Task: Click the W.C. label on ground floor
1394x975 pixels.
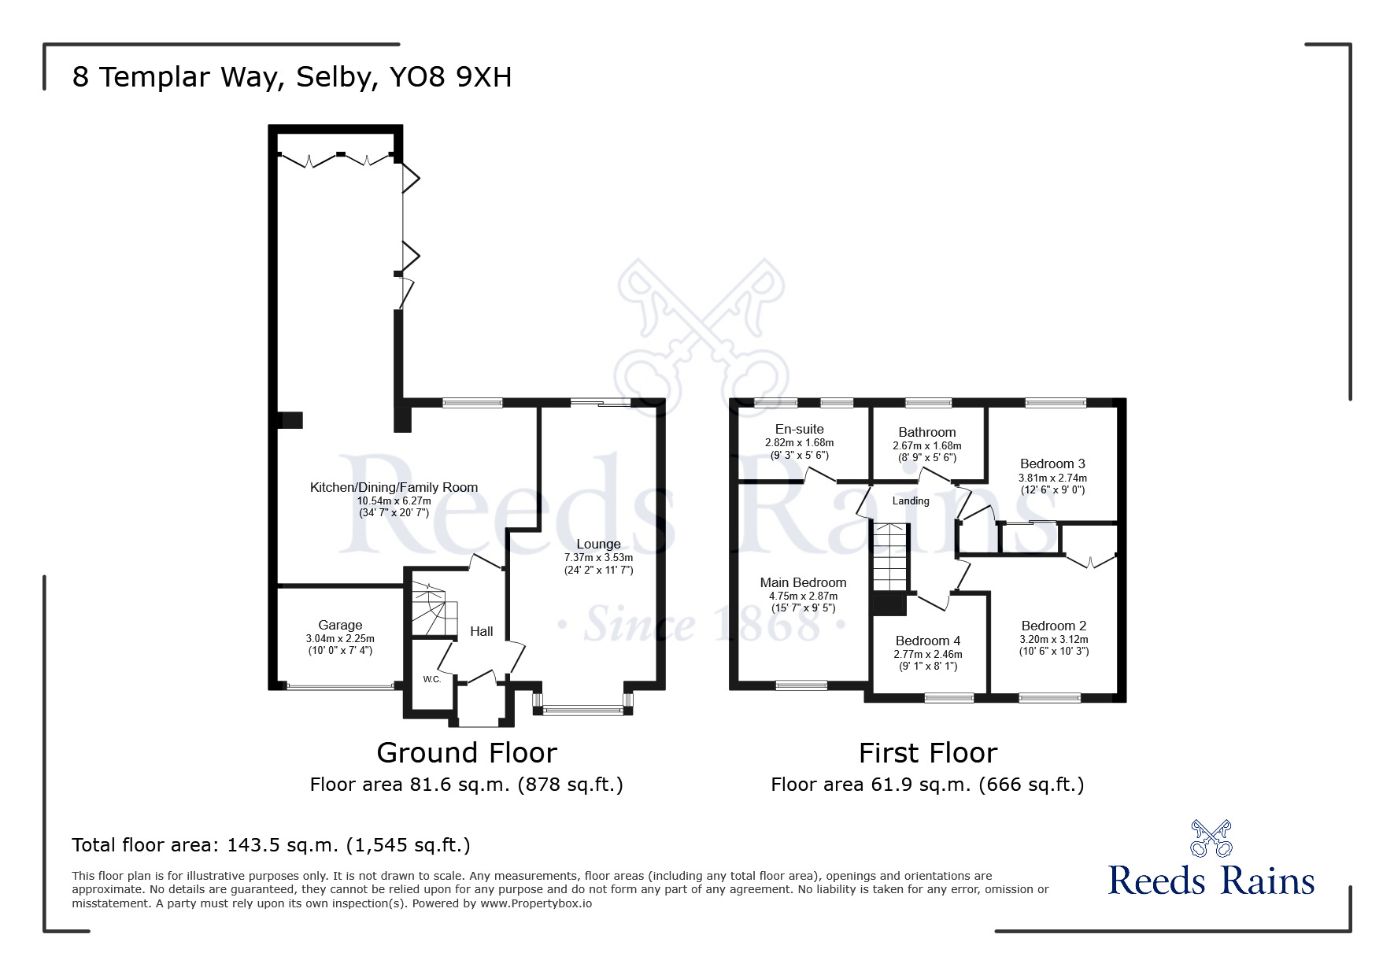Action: pyautogui.click(x=431, y=679)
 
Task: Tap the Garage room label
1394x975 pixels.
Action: pyautogui.click(x=340, y=625)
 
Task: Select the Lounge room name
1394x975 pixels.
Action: pyautogui.click(x=598, y=544)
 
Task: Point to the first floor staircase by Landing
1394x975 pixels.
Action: pyautogui.click(x=890, y=557)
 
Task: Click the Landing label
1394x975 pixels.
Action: pyautogui.click(x=911, y=500)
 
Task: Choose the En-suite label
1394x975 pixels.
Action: pyautogui.click(x=799, y=429)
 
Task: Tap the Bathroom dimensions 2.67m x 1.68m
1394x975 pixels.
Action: pyautogui.click(x=926, y=445)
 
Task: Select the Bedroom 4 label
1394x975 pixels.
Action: pyautogui.click(x=927, y=641)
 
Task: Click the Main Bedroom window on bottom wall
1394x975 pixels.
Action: pyautogui.click(x=801, y=685)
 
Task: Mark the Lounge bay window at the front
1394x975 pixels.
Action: pyautogui.click(x=582, y=711)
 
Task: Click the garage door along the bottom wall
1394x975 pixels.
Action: pyautogui.click(x=340, y=686)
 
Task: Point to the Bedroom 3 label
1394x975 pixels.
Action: pyautogui.click(x=1052, y=463)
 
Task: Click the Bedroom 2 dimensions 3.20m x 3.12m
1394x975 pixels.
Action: pyautogui.click(x=1053, y=639)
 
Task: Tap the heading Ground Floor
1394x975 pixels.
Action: pyautogui.click(x=467, y=752)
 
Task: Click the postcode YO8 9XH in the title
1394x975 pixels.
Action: pyautogui.click(x=450, y=77)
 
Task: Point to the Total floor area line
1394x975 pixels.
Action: pyautogui.click(x=271, y=845)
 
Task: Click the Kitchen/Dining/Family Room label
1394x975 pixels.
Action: pyautogui.click(x=394, y=487)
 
